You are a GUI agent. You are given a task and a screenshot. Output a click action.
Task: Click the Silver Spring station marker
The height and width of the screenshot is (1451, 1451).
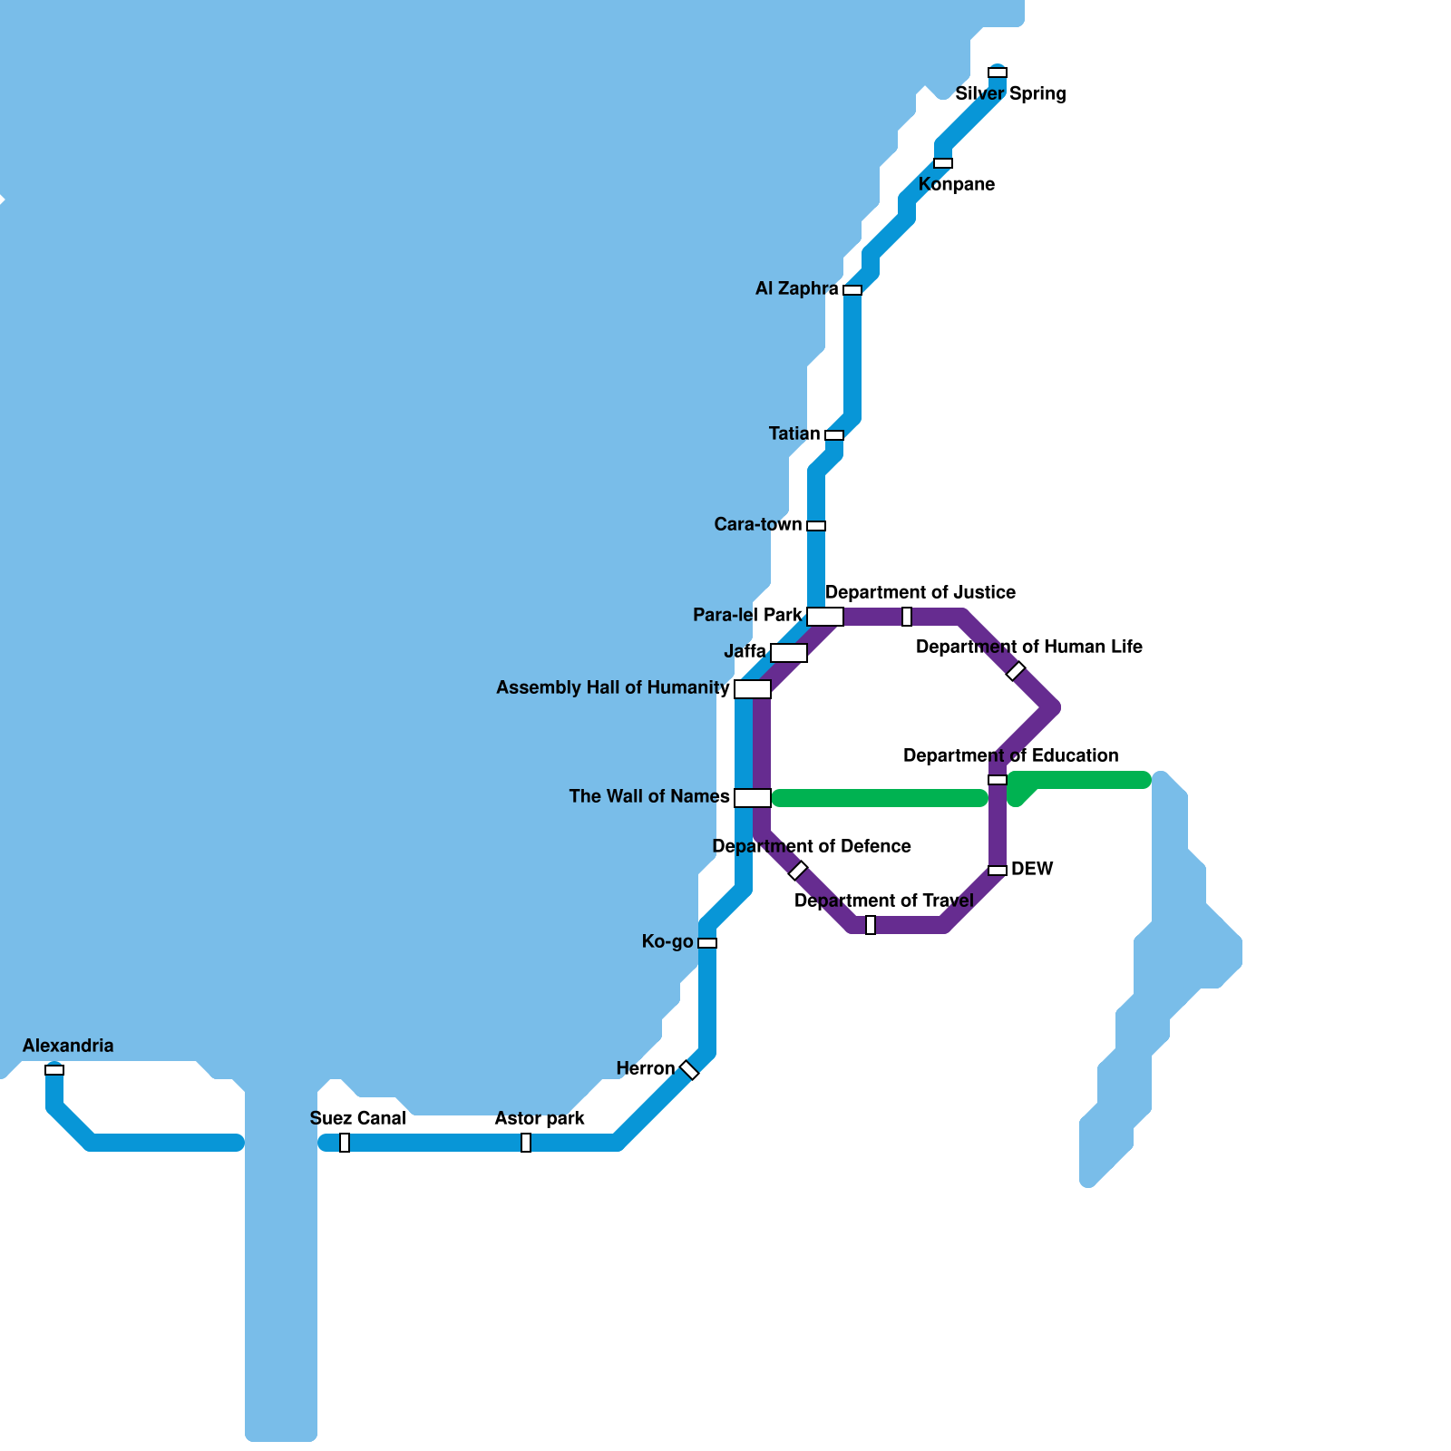998,73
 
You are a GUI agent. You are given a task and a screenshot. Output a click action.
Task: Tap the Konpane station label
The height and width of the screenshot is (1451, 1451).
956,184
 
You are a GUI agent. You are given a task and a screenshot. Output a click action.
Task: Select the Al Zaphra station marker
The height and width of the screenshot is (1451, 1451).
852,290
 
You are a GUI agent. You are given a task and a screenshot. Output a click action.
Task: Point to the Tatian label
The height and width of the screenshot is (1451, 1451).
794,433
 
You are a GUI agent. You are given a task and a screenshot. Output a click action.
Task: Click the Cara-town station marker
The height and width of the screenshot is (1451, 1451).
816,526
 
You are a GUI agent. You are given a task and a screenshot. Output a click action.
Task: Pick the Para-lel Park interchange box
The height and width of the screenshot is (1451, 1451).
825,617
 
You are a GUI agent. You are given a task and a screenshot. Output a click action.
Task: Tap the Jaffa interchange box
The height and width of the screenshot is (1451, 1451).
789,653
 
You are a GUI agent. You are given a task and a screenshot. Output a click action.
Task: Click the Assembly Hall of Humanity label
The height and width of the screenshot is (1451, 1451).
613,687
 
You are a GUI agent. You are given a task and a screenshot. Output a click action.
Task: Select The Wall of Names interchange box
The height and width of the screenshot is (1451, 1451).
753,798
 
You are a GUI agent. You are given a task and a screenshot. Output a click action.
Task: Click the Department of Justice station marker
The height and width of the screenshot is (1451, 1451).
907,617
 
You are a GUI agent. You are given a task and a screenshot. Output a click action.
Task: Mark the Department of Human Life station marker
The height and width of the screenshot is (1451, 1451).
1016,671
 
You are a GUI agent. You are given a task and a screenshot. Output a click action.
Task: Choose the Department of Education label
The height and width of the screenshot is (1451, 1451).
1010,755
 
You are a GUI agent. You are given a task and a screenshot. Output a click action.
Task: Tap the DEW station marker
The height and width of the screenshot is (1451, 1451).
998,871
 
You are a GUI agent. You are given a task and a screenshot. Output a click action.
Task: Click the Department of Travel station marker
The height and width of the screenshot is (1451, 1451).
871,925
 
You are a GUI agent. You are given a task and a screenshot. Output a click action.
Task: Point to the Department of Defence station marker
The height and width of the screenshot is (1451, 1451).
798,871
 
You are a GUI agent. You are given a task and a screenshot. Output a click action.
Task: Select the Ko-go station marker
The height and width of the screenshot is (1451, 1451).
707,943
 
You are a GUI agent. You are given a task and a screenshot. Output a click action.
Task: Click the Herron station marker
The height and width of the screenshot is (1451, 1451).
689,1070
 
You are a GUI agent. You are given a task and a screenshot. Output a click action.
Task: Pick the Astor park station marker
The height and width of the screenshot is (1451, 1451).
526,1143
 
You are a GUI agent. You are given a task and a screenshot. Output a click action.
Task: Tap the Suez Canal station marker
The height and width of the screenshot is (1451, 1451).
345,1143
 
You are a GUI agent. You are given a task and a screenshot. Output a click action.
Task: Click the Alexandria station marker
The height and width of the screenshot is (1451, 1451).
54,1070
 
